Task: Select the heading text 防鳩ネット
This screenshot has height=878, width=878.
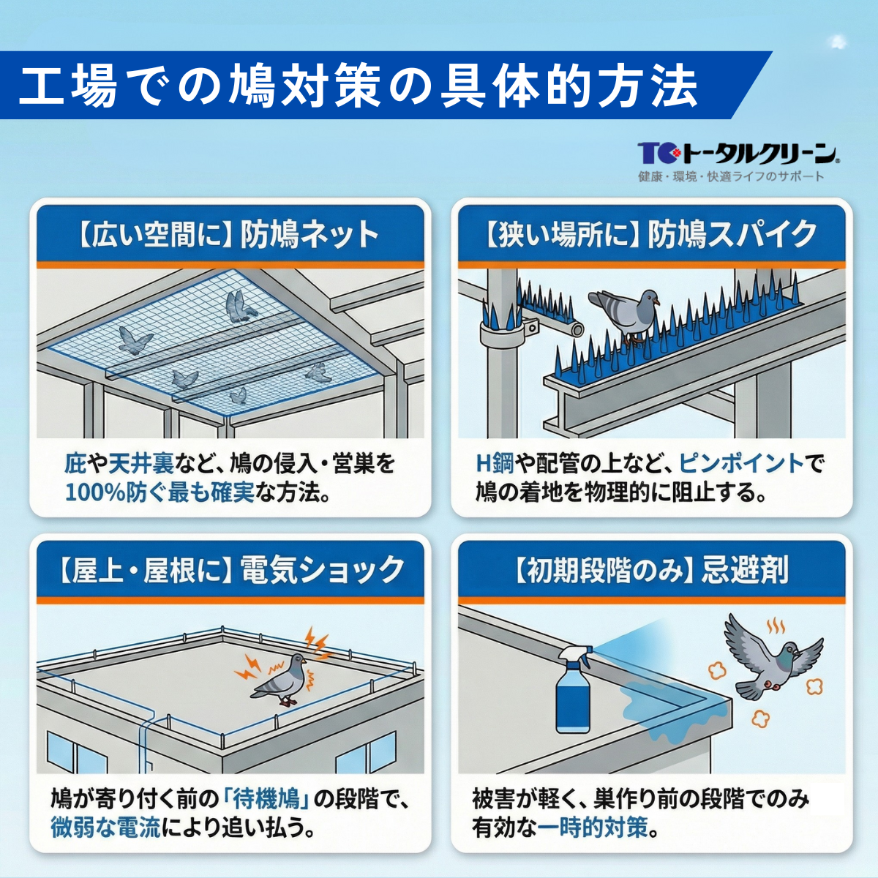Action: (310, 235)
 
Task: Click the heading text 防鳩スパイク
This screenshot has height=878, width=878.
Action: (732, 235)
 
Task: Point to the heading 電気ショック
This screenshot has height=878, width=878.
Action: (323, 570)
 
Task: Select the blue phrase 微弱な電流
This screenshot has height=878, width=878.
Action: (105, 828)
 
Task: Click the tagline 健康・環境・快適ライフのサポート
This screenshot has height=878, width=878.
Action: (730, 176)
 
